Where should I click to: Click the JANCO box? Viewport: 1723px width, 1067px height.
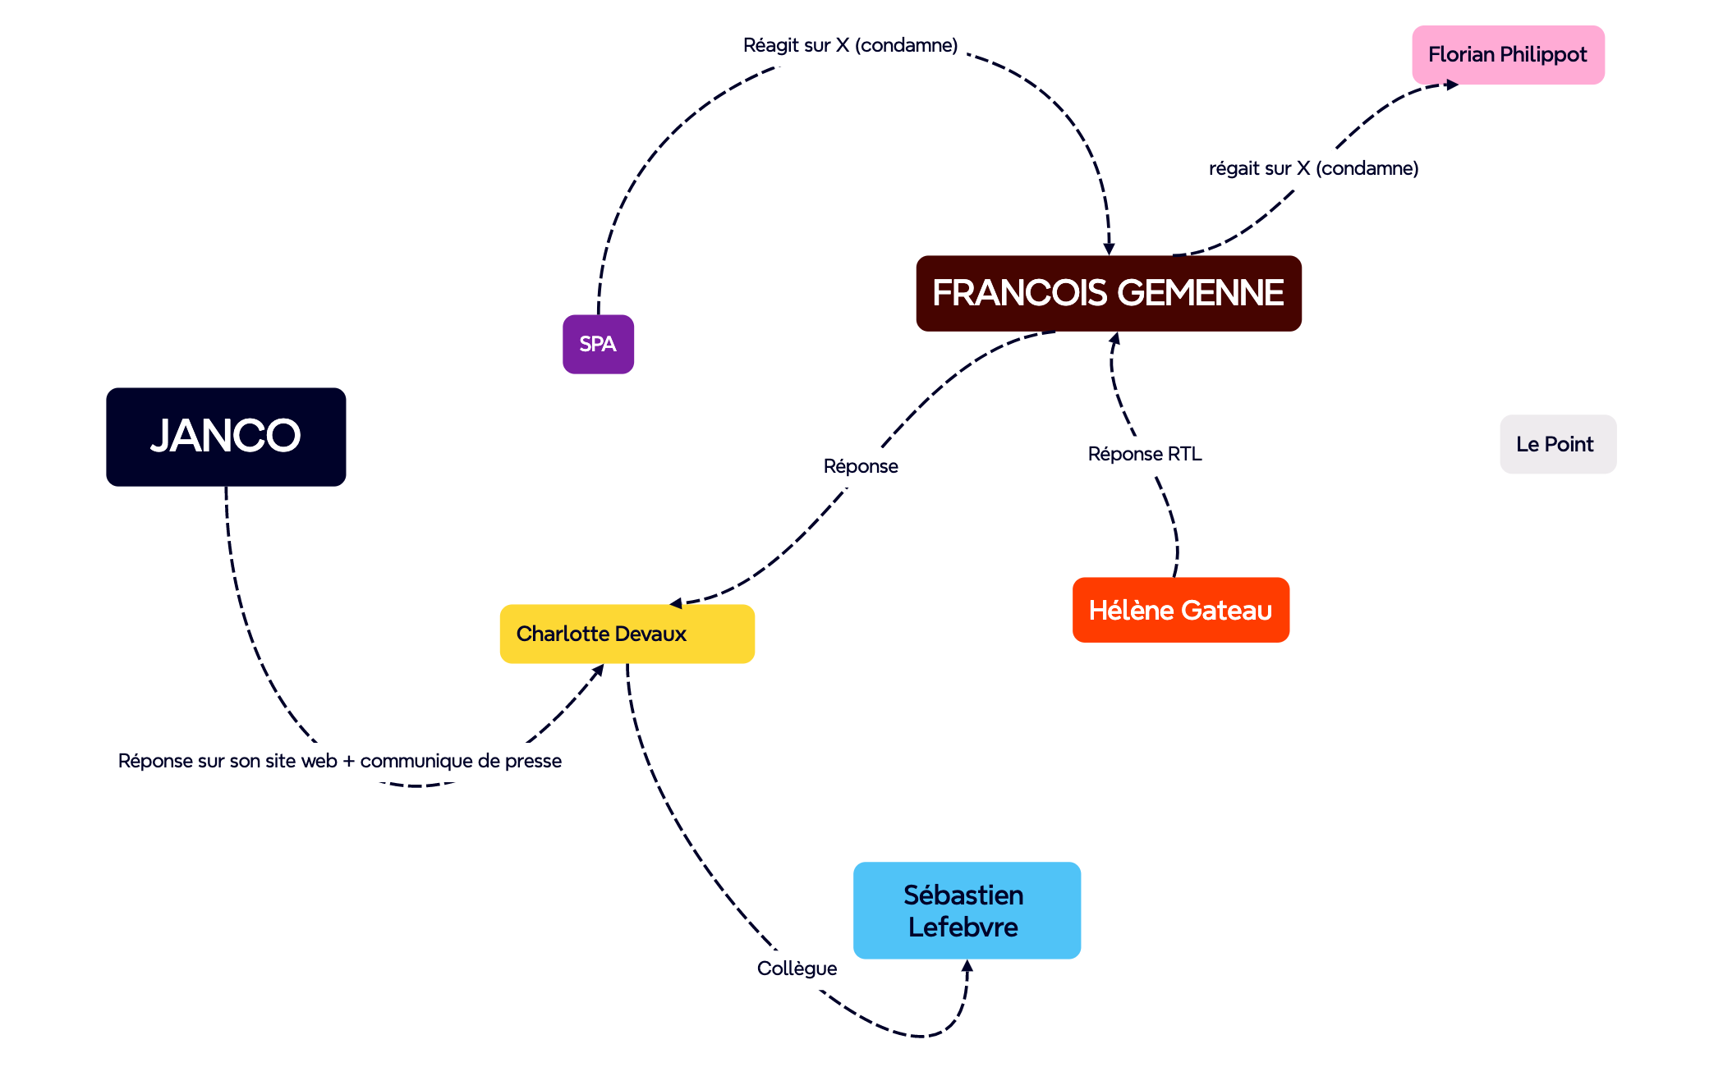[x=226, y=437]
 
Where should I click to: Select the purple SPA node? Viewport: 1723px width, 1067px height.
[x=598, y=344]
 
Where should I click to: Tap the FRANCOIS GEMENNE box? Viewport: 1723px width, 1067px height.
[x=1108, y=293]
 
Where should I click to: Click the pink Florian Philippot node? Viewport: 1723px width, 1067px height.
[x=1508, y=55]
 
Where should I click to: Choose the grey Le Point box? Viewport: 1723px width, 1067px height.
[x=1557, y=444]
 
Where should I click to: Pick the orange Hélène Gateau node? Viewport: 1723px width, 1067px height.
[x=1180, y=610]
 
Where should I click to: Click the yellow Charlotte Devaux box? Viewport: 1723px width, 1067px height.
[x=627, y=634]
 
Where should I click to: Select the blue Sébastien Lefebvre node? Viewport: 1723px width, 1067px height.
[x=966, y=909]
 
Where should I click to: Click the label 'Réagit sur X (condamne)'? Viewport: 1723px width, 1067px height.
[x=850, y=45]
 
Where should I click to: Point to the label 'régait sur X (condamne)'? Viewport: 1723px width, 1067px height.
[x=1313, y=168]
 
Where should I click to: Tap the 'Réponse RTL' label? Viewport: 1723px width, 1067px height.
[x=1144, y=454]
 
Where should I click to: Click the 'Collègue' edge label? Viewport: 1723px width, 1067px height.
[x=797, y=969]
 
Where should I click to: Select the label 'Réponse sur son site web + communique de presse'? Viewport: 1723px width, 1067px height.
[x=339, y=761]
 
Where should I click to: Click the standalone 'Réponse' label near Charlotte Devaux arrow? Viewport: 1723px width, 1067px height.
[x=861, y=466]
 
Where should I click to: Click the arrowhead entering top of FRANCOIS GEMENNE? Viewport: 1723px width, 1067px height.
[x=1109, y=249]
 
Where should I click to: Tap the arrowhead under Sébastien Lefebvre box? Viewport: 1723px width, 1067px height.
[x=967, y=966]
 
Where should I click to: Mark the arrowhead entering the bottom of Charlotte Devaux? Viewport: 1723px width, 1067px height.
[x=599, y=670]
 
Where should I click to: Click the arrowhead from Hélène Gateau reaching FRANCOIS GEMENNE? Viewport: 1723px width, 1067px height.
[x=1114, y=337]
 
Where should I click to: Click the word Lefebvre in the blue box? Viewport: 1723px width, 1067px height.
[x=963, y=927]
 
